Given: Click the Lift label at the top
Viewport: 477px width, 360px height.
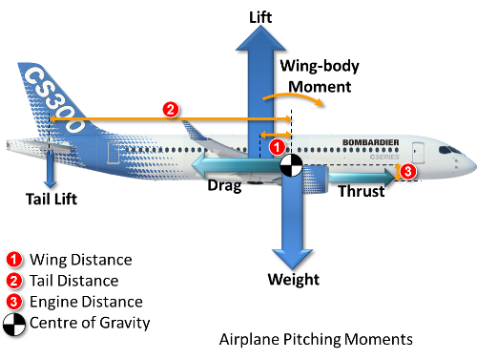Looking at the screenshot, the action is coord(260,17).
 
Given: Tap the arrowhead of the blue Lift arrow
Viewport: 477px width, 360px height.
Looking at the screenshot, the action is coord(260,38).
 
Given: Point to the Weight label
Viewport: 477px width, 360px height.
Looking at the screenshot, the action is coord(294,280).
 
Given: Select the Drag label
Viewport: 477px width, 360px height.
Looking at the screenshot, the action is coord(224,185).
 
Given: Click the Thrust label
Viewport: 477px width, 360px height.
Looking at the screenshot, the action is coord(362,191).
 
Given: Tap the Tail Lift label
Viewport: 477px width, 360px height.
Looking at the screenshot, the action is coord(52,200).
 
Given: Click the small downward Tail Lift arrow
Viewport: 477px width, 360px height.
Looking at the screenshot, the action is coord(50,170).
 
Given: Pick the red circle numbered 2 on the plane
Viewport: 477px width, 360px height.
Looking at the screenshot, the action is coord(171,110).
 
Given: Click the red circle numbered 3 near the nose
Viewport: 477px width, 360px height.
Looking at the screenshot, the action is coord(408,171).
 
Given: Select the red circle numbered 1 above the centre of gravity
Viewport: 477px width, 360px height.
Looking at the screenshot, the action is coord(278,147).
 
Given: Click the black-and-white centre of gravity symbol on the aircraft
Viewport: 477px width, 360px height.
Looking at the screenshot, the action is coord(291,165).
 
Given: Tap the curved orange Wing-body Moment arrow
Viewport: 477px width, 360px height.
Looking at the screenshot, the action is coord(294,95).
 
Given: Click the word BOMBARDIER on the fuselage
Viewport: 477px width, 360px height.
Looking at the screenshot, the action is coord(371,142).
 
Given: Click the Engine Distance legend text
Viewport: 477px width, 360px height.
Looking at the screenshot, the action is coord(86,302).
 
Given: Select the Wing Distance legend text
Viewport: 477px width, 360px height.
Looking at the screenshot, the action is coord(81,260).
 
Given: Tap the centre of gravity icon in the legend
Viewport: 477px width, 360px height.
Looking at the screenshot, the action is coord(14,325).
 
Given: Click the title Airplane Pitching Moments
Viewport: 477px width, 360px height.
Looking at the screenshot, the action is coord(316,339).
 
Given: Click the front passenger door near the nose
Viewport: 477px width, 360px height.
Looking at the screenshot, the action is coord(418,153).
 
